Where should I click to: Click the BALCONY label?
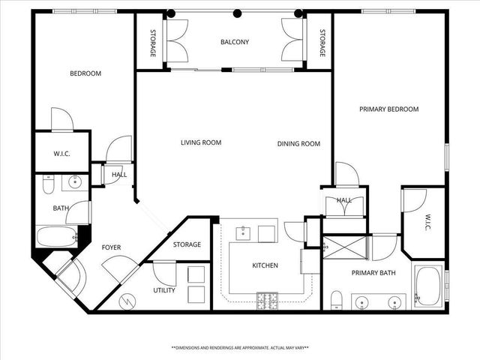234,42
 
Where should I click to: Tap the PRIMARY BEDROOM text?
388,109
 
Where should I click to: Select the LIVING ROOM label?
201,142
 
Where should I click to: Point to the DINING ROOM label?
298,144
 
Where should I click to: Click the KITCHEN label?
264,265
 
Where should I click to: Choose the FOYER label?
111,247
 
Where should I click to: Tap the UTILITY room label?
164,289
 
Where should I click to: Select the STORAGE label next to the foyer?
187,244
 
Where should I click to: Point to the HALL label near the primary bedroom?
343,200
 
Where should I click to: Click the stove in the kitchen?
266,299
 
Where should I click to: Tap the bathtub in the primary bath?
429,286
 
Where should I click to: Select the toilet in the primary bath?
337,300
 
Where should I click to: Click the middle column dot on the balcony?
237,13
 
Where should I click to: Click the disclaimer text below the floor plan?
239,348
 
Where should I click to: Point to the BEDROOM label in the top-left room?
85,73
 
